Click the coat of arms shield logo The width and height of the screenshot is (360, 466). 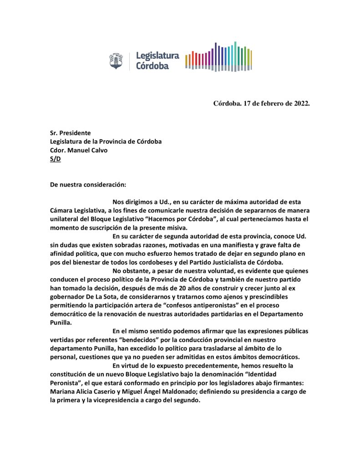coord(116,61)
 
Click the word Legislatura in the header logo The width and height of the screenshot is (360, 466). coord(157,56)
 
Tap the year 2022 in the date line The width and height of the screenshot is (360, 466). coord(299,103)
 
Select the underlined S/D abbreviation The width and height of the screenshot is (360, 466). coord(55,159)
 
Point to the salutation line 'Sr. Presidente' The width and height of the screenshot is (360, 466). coord(71,133)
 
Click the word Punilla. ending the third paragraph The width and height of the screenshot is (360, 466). coord(62,322)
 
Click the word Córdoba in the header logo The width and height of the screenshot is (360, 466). coord(152,66)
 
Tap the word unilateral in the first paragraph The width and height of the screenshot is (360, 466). coord(64,219)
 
